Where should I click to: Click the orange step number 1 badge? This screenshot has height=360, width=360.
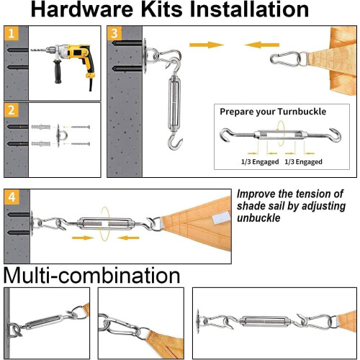(x=12, y=33)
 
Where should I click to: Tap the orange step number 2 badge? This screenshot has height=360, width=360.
(x=12, y=110)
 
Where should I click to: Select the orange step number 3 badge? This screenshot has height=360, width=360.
(x=114, y=33)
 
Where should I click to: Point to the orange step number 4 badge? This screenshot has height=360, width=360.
(x=12, y=197)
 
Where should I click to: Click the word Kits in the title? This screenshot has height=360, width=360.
(x=161, y=9)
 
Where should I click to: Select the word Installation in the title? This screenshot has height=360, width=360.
(x=249, y=9)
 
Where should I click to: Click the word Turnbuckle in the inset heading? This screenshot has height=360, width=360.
(x=302, y=112)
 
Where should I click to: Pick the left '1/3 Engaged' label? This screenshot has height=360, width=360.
(x=260, y=162)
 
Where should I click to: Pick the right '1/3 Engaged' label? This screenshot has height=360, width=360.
(x=303, y=162)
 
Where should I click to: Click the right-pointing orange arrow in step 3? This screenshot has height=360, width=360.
(x=207, y=45)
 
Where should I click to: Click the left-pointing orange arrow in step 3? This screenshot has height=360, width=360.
(x=262, y=45)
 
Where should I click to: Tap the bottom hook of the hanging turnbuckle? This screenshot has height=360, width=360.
(x=175, y=142)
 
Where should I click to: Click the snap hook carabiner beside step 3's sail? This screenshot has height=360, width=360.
(x=285, y=59)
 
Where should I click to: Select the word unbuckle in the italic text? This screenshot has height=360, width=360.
(x=258, y=218)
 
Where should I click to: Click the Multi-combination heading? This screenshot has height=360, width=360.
(x=91, y=276)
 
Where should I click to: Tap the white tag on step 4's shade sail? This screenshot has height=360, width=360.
(x=221, y=218)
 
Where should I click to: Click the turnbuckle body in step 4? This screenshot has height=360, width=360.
(x=105, y=224)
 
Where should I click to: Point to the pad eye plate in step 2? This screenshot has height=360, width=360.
(x=58, y=136)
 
